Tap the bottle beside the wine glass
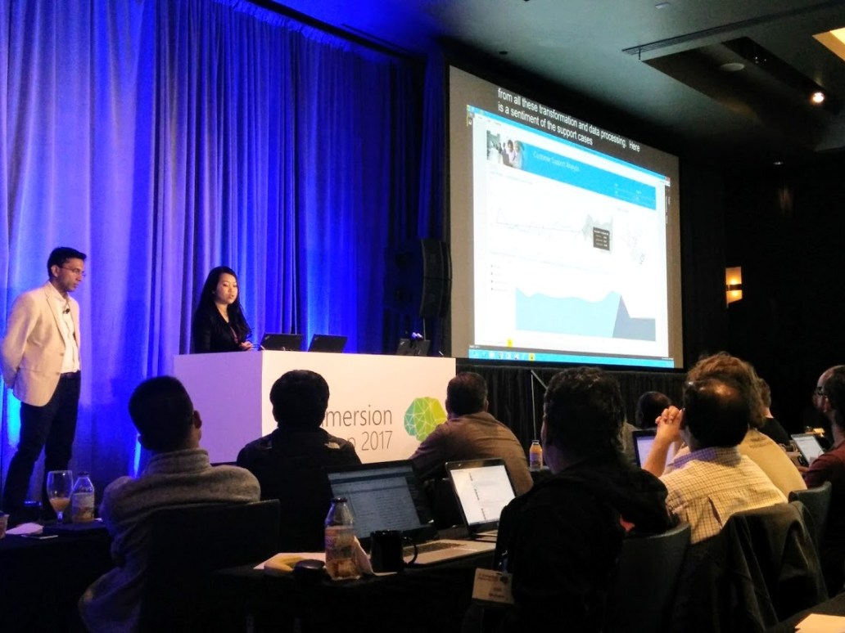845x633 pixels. pyautogui.click(x=82, y=498)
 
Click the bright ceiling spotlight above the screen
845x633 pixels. pyautogui.click(x=816, y=97)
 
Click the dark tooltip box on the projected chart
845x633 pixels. pyautogui.click(x=601, y=238)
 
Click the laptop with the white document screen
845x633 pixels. pyautogui.click(x=481, y=496)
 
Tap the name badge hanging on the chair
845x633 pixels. pyautogui.click(x=493, y=584)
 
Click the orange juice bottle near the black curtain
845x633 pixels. pyautogui.click(x=535, y=455)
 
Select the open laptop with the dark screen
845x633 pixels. pyautogui.click(x=378, y=503)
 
